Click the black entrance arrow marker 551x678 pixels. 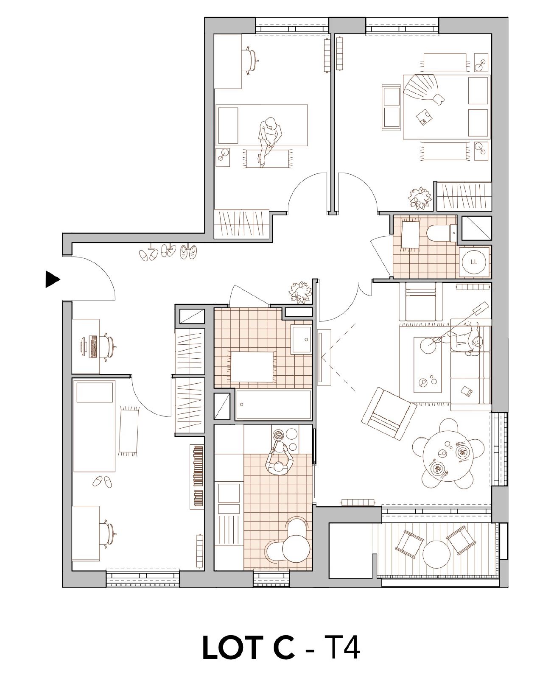coord(52,279)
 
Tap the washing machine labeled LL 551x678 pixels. coord(474,262)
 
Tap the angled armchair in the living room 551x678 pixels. coord(389,413)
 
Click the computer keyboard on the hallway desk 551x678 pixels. coord(94,346)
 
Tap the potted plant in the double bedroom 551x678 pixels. coord(420,198)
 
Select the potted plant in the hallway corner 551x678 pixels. coord(300,291)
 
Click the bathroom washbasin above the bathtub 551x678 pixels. coord(302,340)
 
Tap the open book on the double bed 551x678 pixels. coord(424,117)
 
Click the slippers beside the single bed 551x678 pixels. coord(102,482)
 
